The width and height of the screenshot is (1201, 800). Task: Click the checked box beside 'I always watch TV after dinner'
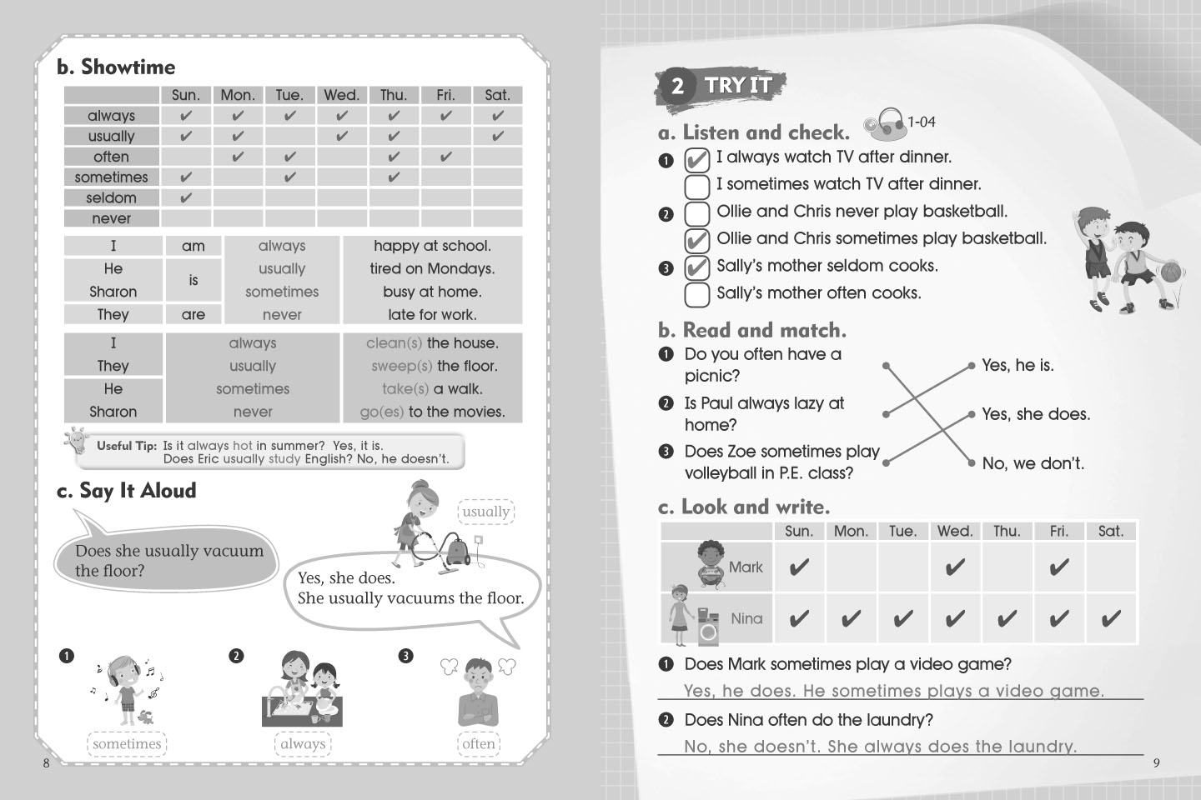point(697,160)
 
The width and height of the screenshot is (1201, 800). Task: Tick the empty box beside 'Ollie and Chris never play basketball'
point(697,213)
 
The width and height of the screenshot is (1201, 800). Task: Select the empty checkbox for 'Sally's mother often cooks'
point(697,295)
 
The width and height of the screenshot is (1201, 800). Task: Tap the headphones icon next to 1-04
point(883,123)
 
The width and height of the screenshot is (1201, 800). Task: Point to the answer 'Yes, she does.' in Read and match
point(1036,414)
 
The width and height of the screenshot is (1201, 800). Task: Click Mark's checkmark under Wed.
point(955,567)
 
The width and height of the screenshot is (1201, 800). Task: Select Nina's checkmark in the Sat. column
point(1110,619)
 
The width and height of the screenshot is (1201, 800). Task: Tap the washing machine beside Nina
point(708,627)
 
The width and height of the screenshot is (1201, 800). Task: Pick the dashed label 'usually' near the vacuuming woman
point(485,512)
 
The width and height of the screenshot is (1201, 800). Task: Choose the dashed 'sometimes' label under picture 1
point(127,743)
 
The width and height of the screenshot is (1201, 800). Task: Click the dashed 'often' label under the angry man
point(479,743)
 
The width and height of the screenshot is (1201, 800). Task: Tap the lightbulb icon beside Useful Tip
point(76,441)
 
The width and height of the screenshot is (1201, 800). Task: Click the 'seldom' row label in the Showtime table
point(112,197)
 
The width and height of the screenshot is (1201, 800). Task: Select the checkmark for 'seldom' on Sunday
point(185,198)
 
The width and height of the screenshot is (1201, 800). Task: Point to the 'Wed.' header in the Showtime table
point(342,95)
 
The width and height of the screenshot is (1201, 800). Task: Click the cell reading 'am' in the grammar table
point(193,246)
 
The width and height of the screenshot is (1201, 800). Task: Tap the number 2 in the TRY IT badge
point(678,86)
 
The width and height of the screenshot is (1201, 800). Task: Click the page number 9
point(1157,763)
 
